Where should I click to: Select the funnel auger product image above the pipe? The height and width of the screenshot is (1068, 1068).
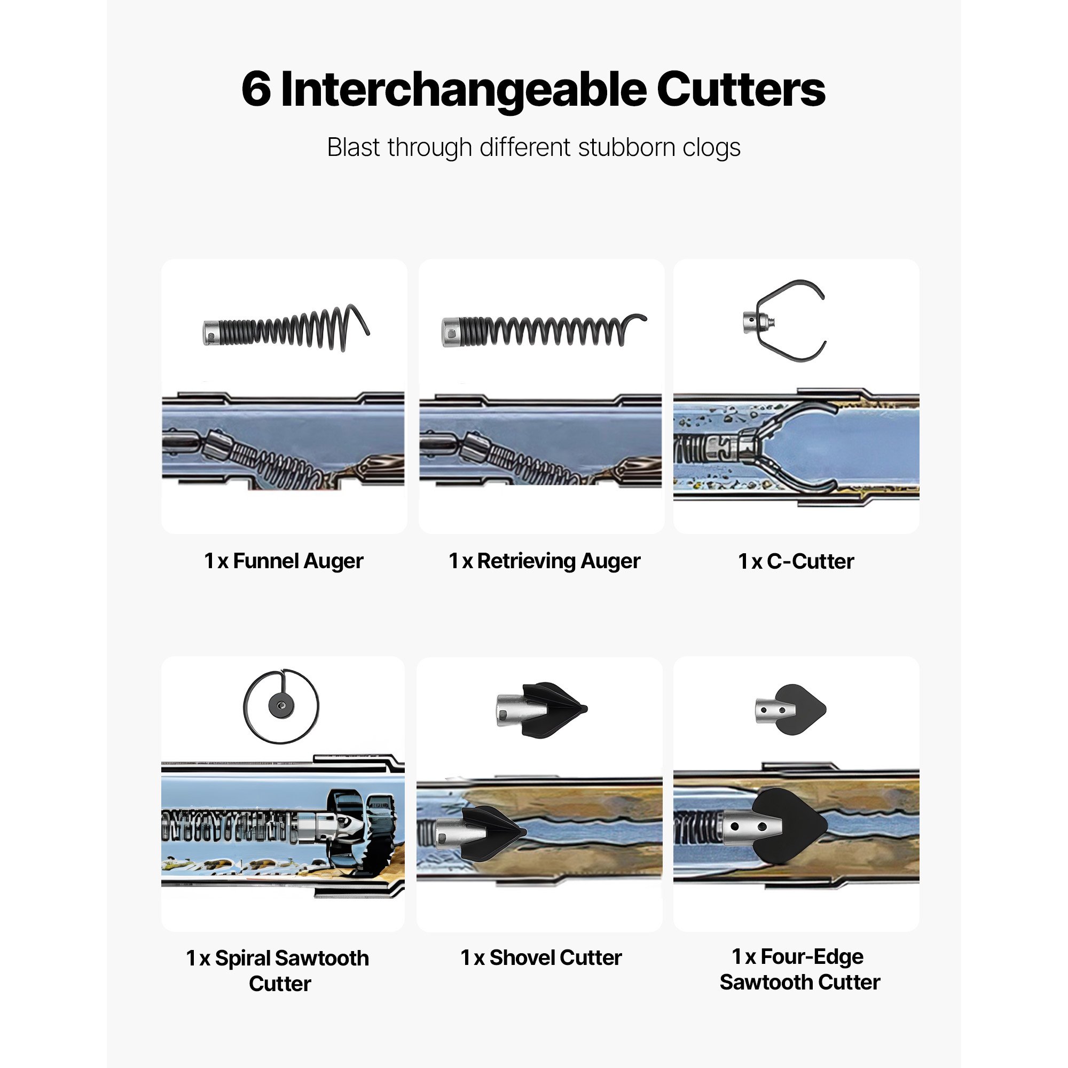coord(286,328)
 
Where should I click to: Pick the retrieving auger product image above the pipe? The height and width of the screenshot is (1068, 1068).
coord(544,330)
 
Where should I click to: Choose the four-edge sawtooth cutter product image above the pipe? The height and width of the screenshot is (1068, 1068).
coord(790,710)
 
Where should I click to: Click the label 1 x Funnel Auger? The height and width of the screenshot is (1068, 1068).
coord(284,561)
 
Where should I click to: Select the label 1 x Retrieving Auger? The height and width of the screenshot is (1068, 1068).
coord(545,561)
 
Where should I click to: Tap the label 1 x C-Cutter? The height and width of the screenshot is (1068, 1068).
coord(796,561)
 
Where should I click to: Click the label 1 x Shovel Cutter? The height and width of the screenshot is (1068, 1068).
coord(541,957)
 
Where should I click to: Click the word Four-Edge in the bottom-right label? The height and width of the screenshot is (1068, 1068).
coord(812,956)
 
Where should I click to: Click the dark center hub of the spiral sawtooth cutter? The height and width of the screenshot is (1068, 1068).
coord(281,706)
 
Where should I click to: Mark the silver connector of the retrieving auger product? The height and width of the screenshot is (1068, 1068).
coord(451,332)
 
